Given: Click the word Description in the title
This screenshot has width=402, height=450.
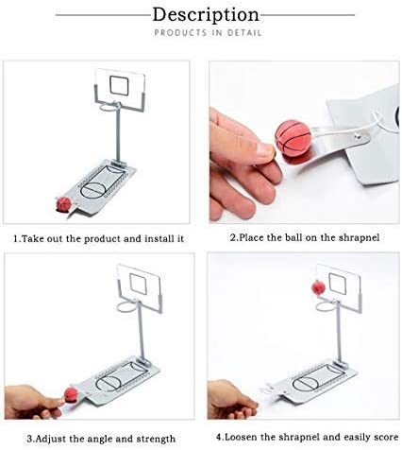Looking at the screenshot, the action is (206, 15).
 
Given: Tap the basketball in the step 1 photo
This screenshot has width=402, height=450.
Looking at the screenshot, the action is (64, 204).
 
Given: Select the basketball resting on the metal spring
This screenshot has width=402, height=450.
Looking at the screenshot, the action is (293, 138).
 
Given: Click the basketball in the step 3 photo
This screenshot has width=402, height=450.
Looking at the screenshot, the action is (71, 395).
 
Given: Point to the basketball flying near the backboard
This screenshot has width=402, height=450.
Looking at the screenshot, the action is (318, 288).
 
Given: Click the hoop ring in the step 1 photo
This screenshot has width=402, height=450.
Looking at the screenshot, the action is (110, 107).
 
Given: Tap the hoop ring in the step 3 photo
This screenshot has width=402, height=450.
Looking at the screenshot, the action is (127, 306).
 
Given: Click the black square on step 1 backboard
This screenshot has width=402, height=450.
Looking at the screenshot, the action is (119, 85).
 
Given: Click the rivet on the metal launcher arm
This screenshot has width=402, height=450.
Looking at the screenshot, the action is (357, 136).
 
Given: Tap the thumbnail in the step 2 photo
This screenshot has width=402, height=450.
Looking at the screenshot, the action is (265, 150).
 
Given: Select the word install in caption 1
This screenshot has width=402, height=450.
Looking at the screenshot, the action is (158, 239).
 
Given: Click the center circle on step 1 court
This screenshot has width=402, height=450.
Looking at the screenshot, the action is (93, 190).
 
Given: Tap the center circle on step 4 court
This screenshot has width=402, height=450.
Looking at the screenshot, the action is (306, 384).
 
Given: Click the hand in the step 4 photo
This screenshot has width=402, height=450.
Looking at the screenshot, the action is (232, 400).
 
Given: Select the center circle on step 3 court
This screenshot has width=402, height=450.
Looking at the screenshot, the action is (109, 383).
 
